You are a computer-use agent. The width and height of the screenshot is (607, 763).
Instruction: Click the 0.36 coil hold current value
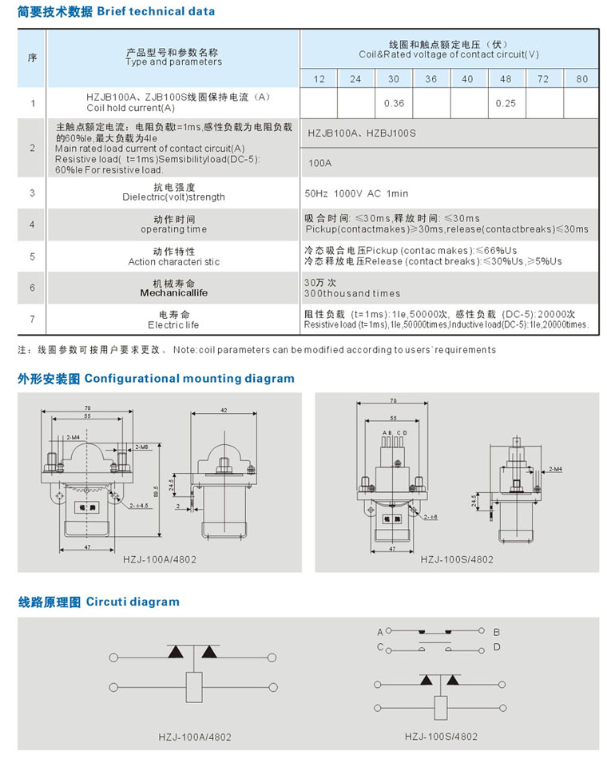point(394,103)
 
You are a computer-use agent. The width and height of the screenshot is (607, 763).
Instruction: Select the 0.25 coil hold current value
point(506,103)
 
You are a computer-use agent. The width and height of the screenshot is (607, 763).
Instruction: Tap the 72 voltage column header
point(543,79)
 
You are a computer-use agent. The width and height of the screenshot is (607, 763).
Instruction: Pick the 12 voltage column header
point(319,79)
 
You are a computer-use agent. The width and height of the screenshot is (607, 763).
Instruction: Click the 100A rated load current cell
point(319,162)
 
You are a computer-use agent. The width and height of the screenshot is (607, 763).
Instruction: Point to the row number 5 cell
point(32,256)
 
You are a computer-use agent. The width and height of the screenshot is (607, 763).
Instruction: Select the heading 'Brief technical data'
point(156,11)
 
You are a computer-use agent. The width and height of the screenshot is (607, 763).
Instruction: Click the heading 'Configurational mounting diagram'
point(189,379)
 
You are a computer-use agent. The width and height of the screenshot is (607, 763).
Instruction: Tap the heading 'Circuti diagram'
point(133,602)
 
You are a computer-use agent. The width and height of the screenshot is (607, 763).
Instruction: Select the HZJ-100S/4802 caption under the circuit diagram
point(441,737)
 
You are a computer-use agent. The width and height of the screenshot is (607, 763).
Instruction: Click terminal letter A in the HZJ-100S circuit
point(380,632)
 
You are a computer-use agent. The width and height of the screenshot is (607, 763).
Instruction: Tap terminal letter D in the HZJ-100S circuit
point(496,646)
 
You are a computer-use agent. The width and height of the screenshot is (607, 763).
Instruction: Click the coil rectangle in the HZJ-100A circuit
point(194,686)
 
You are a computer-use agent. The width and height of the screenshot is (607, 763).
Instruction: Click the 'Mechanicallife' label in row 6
point(173,293)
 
